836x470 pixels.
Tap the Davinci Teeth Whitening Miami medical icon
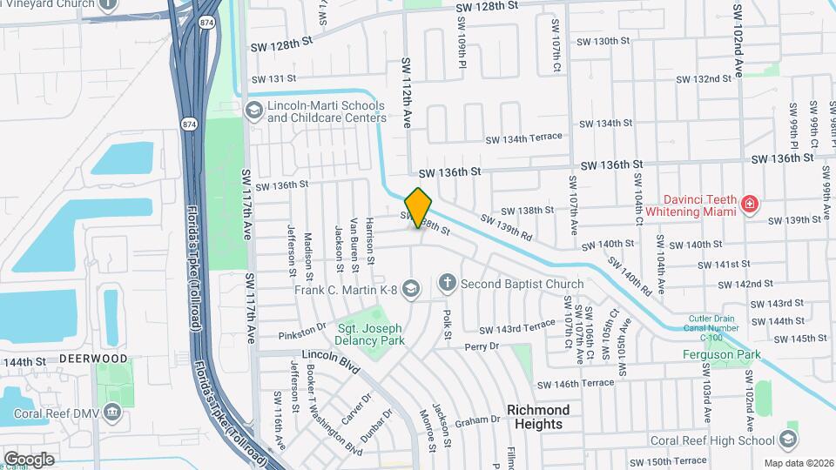749,205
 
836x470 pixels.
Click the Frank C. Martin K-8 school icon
411,288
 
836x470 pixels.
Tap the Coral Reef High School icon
789,439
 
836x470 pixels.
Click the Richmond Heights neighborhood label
538,417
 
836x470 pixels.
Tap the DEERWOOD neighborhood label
93,359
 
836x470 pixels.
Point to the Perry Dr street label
482,346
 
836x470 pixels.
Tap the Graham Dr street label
478,420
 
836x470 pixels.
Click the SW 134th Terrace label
524,138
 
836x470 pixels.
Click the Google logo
29,460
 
